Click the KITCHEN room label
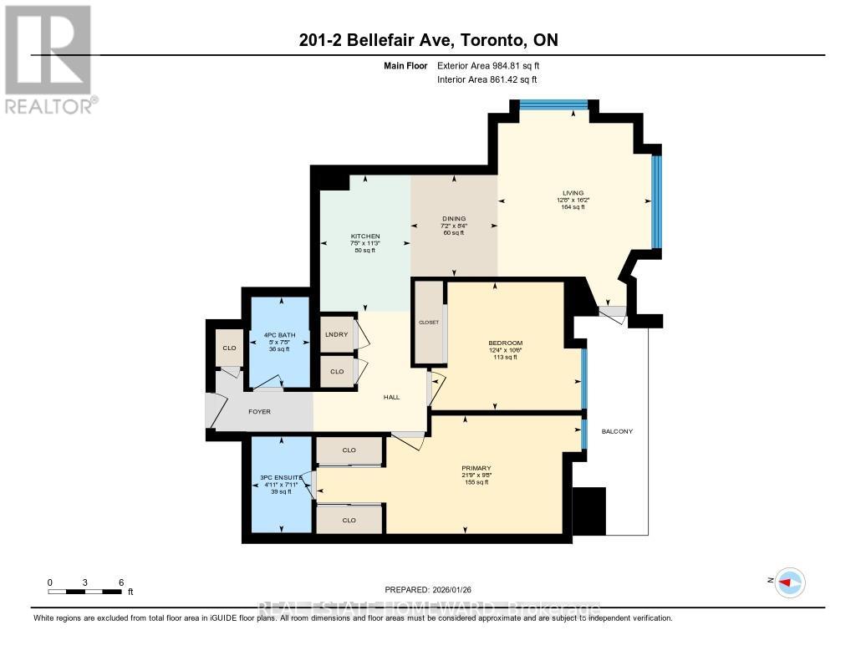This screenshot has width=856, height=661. coord(365,236)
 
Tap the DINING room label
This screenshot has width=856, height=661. coord(454,219)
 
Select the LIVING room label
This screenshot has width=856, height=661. coord(573,193)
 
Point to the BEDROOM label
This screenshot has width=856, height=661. coord(505,343)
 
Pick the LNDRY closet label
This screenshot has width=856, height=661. coord(337,334)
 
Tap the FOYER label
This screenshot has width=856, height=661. coord(260,412)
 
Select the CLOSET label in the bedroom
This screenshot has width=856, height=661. coord(429,322)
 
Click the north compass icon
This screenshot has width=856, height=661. coord(789,582)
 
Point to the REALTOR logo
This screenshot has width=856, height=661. coord(49,58)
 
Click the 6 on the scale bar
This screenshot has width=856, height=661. coord(121,582)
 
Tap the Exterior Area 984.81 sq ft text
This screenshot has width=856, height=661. coord(494,65)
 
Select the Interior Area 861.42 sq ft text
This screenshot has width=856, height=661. coord(487,79)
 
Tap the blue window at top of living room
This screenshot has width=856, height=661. coord(553,105)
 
